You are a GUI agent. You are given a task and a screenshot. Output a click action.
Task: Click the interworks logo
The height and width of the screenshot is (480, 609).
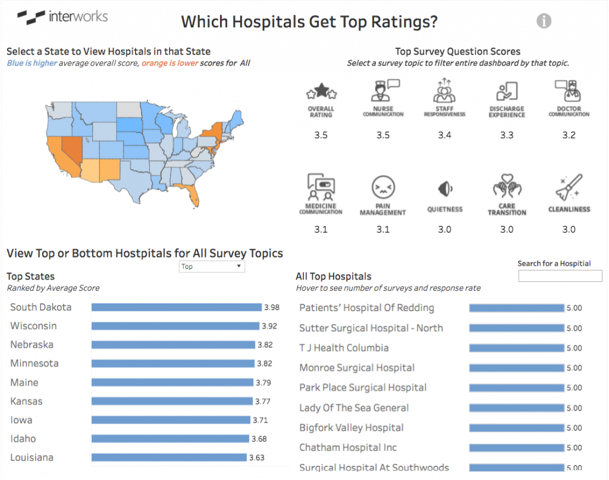pos(62,17)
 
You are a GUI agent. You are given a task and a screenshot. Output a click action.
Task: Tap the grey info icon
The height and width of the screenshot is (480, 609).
pos(544,21)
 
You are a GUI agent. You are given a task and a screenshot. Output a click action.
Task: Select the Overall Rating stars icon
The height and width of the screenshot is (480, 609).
pos(321,92)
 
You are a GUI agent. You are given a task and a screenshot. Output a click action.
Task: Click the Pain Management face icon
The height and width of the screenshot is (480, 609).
pos(383,187)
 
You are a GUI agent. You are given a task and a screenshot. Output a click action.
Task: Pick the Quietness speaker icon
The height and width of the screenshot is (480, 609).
pos(445,189)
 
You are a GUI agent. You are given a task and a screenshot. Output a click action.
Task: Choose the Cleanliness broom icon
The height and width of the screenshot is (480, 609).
pos(569,187)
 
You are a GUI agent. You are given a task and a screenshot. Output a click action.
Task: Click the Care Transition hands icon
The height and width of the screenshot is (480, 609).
pos(507,186)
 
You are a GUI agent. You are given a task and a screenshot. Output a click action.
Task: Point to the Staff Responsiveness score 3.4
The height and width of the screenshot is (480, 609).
pos(445,135)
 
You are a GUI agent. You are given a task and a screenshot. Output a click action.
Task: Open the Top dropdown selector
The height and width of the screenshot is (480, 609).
pos(212,266)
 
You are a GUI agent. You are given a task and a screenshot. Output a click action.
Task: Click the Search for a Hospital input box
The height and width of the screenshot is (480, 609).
pos(560,276)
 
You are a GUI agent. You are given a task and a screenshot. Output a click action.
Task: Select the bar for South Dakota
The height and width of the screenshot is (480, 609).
pos(177,307)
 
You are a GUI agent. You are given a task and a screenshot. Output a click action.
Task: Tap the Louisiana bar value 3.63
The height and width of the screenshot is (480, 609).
pos(257,457)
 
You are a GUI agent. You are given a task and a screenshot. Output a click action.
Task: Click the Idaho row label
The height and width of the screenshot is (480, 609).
pos(23,438)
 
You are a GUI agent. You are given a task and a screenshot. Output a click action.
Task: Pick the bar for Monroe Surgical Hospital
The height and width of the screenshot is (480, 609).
pos(517,368)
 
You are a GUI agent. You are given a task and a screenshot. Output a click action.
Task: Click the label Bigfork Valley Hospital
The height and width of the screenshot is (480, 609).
pos(351,428)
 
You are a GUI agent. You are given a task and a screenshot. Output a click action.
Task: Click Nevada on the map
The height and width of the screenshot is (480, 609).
pos(72,149)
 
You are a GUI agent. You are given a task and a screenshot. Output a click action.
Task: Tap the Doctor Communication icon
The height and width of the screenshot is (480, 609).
pos(569,91)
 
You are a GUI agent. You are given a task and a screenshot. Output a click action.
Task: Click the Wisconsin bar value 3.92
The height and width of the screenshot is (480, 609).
pos(269,326)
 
